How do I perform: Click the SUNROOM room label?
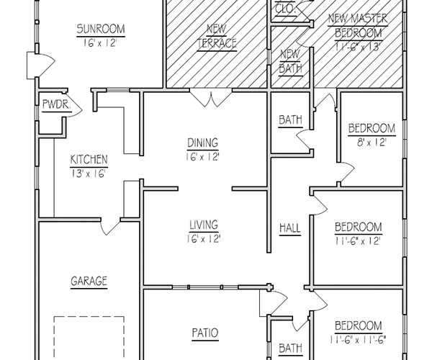tap(101, 30)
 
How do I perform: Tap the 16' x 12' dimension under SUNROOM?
tap(101, 42)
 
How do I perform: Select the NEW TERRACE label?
tap(217, 36)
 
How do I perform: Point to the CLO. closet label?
tap(286, 9)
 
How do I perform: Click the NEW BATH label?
tap(289, 61)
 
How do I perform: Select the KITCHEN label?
tap(89, 159)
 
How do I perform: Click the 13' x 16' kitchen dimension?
tap(89, 172)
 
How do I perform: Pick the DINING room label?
tap(202, 143)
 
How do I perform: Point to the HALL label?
tap(289, 228)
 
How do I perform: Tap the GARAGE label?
tap(89, 281)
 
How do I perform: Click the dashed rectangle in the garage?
tap(89, 337)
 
